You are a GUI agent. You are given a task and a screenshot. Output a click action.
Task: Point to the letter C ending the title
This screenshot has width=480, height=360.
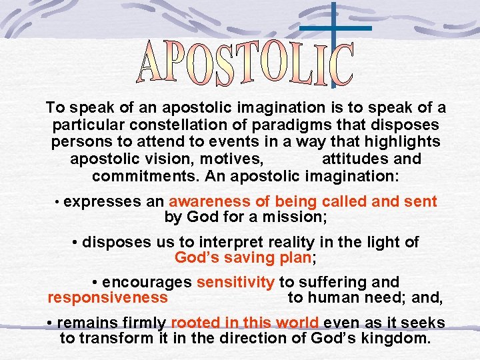click(342, 65)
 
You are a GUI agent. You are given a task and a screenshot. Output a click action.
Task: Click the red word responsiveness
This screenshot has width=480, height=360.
click(108, 297)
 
